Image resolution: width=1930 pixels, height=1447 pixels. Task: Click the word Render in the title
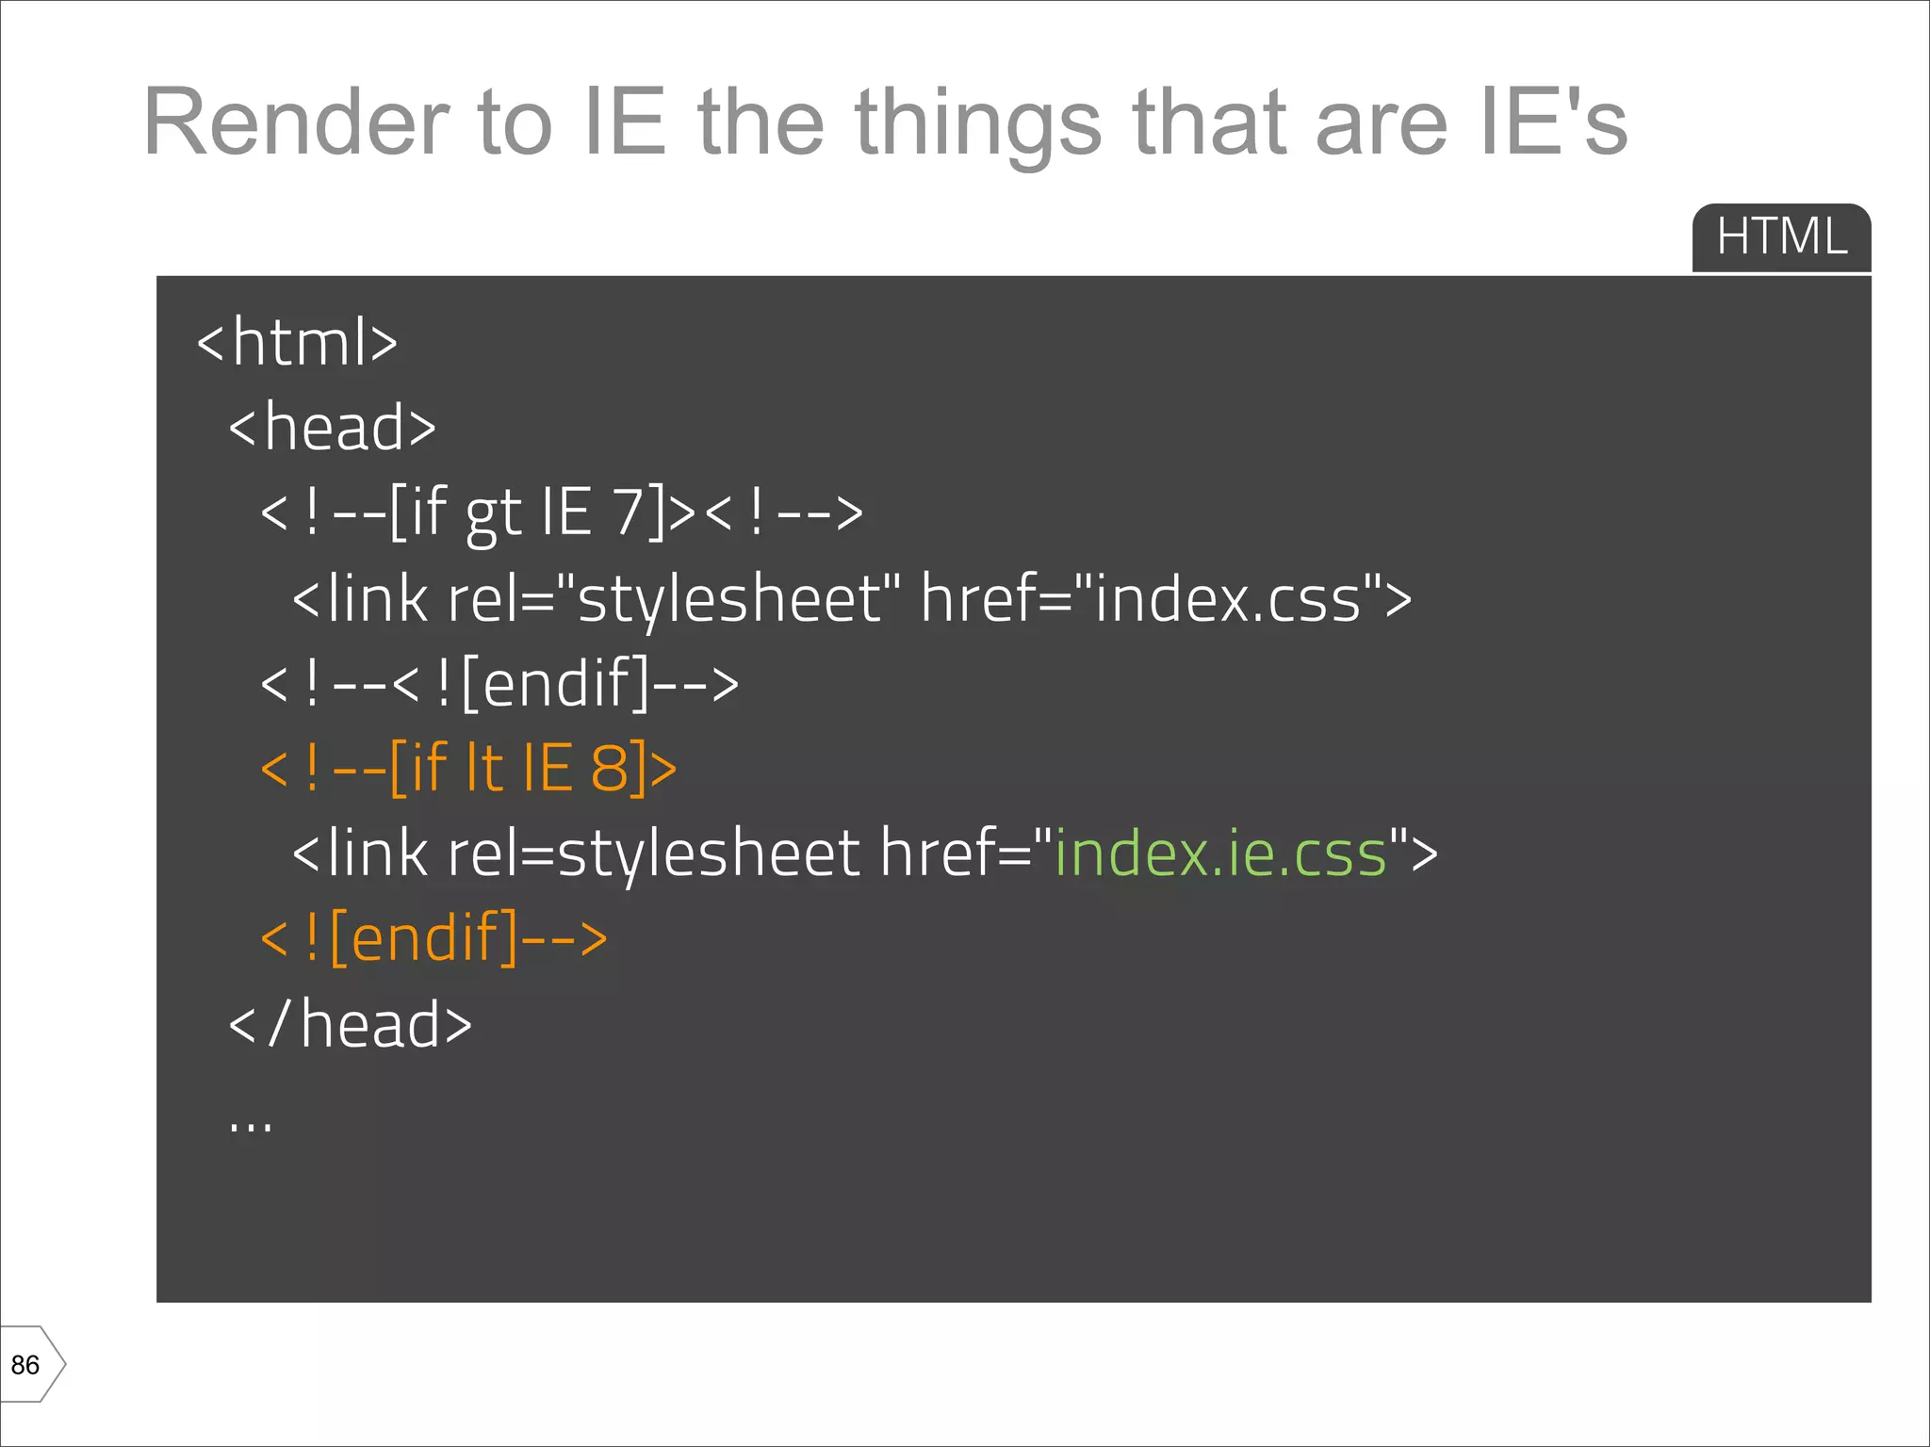(295, 122)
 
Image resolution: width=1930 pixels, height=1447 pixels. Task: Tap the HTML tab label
(1780, 236)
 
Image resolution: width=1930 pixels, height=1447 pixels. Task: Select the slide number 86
(25, 1365)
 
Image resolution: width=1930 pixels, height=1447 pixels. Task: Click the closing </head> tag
(350, 1024)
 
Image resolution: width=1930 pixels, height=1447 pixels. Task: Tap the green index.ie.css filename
(1220, 854)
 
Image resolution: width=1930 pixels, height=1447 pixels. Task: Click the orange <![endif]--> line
(433, 938)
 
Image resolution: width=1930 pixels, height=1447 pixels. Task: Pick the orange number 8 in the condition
(610, 768)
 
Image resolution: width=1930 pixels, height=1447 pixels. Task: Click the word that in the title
(1209, 122)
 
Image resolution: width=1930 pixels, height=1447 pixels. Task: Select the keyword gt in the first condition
(493, 513)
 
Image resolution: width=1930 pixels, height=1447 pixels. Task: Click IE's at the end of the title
(1552, 122)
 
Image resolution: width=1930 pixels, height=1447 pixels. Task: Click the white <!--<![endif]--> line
(499, 683)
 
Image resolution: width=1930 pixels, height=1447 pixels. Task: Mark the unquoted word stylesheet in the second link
(708, 854)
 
